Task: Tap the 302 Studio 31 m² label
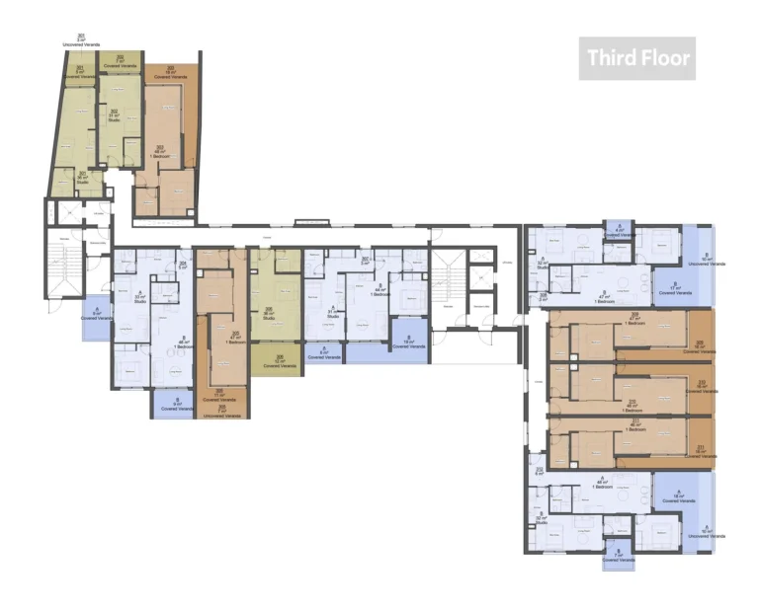pos(114,115)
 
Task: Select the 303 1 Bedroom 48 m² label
pos(160,151)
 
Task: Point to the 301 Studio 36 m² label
pos(82,178)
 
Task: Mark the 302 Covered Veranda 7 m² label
pos(120,60)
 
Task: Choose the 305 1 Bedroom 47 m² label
pos(234,336)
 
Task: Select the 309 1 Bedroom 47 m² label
pos(632,321)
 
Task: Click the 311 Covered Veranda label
pos(701,451)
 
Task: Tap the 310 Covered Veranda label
pos(701,387)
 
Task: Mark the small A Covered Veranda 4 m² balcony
pos(619,231)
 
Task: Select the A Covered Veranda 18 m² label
pos(678,498)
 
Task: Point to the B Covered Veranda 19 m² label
pos(409,343)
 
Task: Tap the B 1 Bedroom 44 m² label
pos(379,291)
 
